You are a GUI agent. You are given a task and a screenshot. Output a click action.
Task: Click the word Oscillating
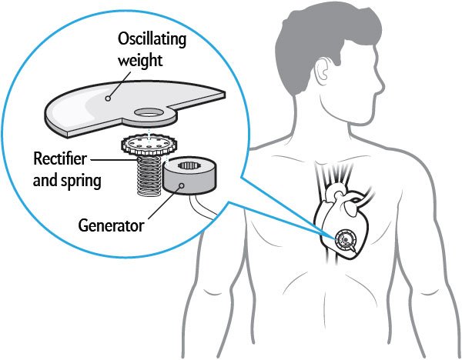[x=150, y=38]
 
